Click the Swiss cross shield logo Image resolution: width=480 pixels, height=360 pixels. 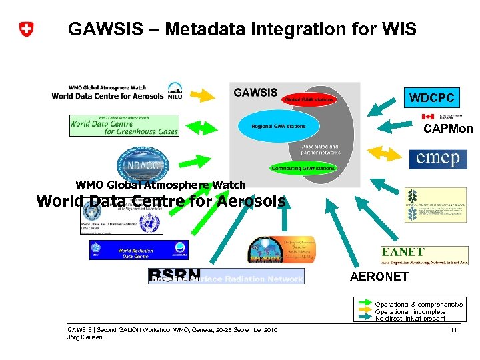[26, 29]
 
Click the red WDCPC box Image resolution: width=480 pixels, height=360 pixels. [432, 98]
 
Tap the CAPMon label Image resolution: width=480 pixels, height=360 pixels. [448, 129]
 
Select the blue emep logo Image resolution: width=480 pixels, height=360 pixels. [438, 159]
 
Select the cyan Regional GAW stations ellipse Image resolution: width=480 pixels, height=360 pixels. [279, 126]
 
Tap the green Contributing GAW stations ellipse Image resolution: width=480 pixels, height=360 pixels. [303, 169]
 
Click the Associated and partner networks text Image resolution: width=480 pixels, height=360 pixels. [320, 149]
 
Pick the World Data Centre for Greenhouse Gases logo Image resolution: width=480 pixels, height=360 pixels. [124, 125]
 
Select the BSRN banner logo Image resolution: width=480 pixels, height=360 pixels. [225, 276]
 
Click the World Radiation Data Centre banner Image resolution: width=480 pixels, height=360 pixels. [139, 249]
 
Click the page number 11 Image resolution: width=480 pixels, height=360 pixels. [453, 331]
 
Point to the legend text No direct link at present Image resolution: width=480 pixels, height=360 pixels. [410, 319]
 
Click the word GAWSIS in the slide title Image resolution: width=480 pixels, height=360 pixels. [107, 29]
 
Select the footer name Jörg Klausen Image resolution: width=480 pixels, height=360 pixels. [85, 337]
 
